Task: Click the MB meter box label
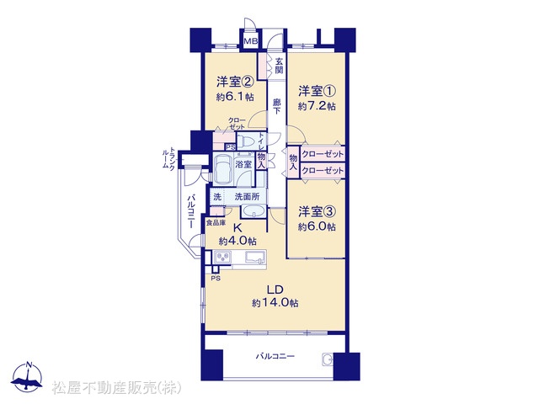coord(251,41)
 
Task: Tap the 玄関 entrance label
coord(279,66)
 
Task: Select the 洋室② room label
coord(235,82)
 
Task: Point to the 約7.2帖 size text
coord(317,106)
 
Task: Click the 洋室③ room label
coord(317,211)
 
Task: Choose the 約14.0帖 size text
coord(275,303)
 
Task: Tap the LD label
coord(275,290)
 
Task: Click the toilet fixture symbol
coord(246,141)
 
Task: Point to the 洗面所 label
coord(247,197)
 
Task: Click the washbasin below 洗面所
coord(253,211)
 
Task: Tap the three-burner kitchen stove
coord(222,257)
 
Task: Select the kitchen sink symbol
coord(256,258)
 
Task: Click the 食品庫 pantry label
coord(216,223)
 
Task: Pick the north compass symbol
coord(27,378)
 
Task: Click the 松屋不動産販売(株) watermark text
coord(116,388)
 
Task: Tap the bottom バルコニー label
coord(275,356)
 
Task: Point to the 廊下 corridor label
coord(276,106)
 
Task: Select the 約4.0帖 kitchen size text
coord(237,241)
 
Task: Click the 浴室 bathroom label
coord(243,164)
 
